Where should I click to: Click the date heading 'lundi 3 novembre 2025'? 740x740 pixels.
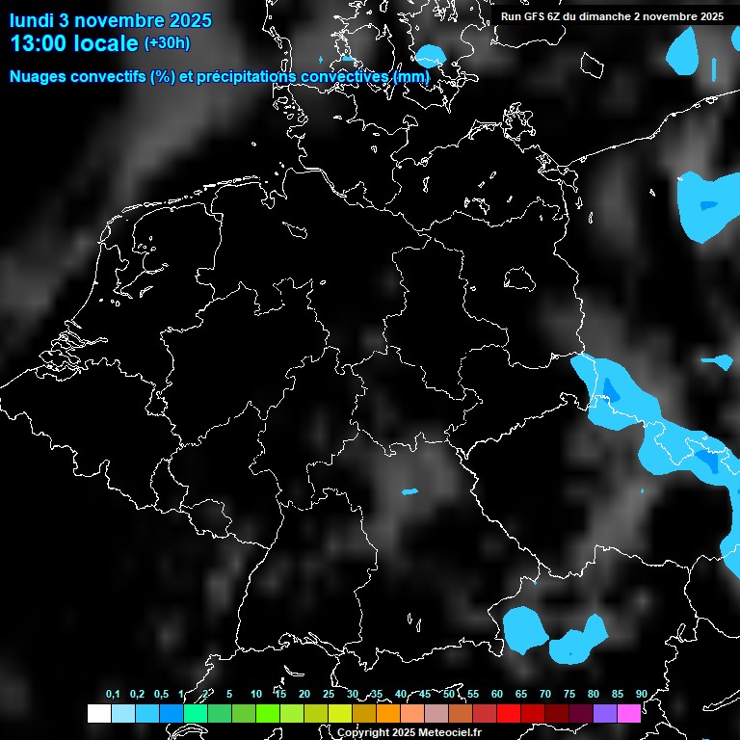tap(111, 20)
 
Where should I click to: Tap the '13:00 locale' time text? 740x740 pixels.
tap(74, 43)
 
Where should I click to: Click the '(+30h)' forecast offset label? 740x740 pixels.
tap(167, 43)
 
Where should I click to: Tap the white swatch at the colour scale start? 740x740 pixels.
tap(98, 713)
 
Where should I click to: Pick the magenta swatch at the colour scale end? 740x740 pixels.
tap(629, 713)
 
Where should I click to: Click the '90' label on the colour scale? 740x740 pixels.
tap(641, 695)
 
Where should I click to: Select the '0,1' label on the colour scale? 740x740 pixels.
tap(113, 695)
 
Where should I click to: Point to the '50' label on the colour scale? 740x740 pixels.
tap(449, 695)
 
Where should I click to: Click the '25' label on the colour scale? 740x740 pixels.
tap(328, 695)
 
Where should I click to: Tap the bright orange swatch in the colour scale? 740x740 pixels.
tap(387, 713)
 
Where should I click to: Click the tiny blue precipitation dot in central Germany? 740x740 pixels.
tap(410, 491)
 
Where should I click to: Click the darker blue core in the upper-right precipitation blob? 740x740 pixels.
tap(708, 205)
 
